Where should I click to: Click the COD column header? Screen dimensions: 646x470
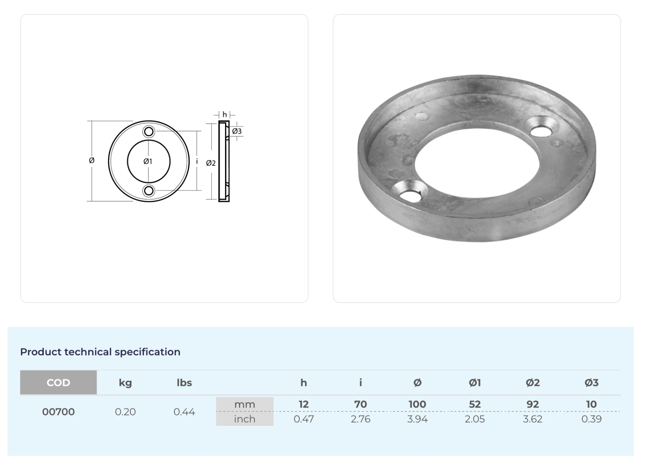coord(58,382)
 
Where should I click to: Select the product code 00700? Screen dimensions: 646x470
coord(58,411)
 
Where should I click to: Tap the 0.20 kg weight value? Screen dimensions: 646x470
coord(125,411)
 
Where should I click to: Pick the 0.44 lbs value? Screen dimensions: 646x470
coord(184,411)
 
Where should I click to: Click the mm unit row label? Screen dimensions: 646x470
coord(244,404)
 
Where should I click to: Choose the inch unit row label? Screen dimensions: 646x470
coord(244,419)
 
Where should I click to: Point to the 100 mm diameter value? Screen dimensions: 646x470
coord(417,404)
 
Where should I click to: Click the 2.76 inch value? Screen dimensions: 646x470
coord(360,419)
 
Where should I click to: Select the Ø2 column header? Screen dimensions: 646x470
coord(533,383)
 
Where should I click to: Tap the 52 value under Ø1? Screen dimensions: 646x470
coord(474,404)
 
